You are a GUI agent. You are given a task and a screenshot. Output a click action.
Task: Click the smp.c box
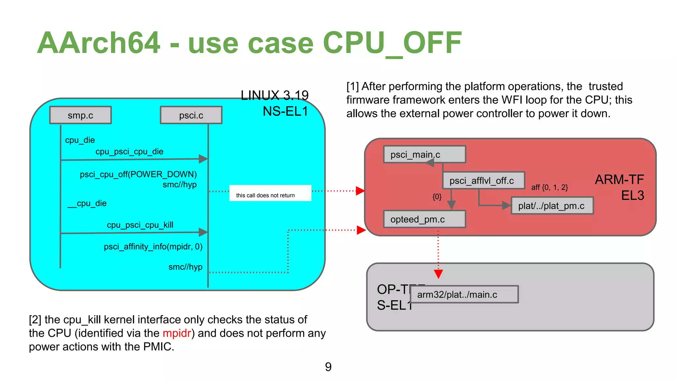tap(80, 115)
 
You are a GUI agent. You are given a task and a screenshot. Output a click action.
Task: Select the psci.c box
tap(191, 115)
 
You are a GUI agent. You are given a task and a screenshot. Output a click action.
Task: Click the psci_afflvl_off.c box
tap(483, 181)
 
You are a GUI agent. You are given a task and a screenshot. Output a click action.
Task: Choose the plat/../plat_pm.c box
tap(552, 206)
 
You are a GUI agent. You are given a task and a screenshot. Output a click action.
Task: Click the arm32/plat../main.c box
tap(464, 294)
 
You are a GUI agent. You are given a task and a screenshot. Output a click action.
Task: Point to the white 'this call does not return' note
tap(270, 193)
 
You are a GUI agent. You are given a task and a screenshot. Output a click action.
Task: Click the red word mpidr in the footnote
tap(177, 333)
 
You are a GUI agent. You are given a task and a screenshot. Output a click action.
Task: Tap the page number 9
tap(328, 367)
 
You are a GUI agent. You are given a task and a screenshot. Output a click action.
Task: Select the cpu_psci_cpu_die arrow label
tap(129, 151)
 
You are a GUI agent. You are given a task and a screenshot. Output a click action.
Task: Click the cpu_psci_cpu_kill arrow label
tap(140, 225)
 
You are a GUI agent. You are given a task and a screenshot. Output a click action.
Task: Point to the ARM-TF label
tap(619, 180)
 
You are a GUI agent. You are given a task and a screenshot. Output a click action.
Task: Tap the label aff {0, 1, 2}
tap(549, 188)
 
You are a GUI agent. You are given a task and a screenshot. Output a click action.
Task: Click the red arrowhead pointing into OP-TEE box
tap(438, 274)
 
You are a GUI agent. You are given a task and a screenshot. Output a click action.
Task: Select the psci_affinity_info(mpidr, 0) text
tap(153, 246)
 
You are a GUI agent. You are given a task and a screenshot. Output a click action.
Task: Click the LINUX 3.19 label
tap(274, 95)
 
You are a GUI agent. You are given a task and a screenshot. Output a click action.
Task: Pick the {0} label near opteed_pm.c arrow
tap(437, 197)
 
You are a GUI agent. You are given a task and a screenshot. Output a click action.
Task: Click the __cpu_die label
tap(87, 203)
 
